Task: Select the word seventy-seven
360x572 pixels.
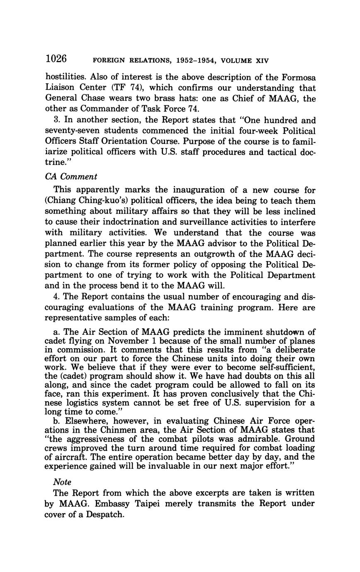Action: pyautogui.click(x=72, y=131)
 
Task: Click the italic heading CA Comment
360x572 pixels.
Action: pyautogui.click(x=71, y=177)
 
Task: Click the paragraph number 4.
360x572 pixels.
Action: pyautogui.click(x=56, y=297)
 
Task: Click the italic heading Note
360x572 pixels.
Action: pyautogui.click(x=62, y=482)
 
